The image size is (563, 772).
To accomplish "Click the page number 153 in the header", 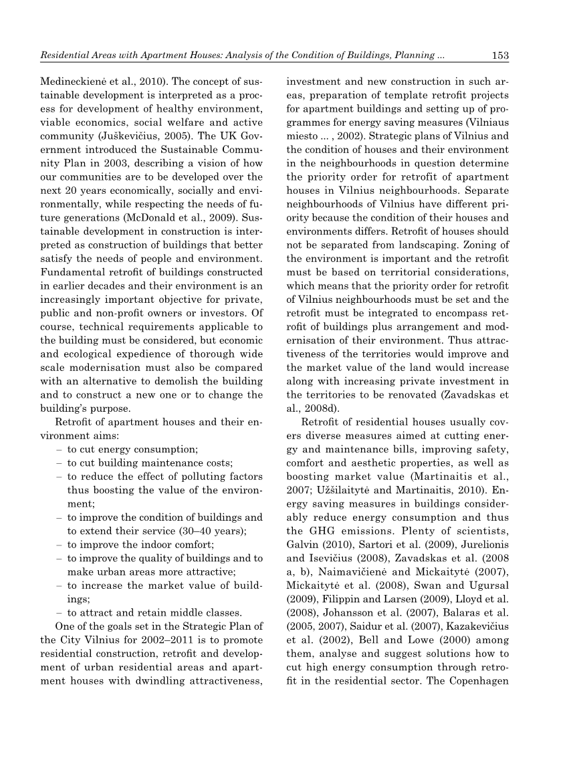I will pyautogui.click(x=500, y=55).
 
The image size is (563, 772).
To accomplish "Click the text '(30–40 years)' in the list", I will pyautogui.click(x=215, y=531).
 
